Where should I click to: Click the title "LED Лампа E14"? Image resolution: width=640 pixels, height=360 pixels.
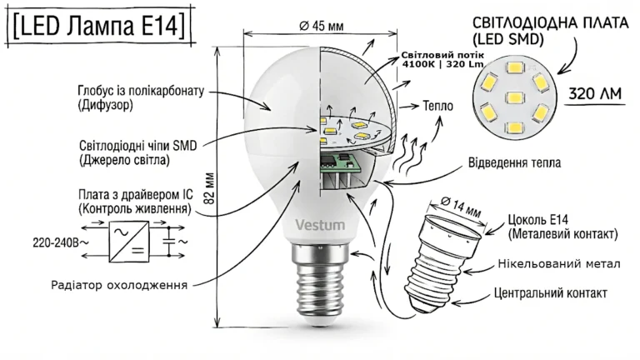(99, 26)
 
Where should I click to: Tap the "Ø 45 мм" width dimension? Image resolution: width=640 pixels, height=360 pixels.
(321, 26)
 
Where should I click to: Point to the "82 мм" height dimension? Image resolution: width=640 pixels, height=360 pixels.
(209, 188)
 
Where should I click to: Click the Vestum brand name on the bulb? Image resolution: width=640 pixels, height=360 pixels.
(320, 225)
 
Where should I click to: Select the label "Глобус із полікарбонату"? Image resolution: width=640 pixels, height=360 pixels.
(140, 91)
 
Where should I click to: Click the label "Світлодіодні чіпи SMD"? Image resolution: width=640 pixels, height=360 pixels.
(138, 146)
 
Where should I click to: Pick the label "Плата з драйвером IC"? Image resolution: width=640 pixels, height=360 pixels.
(136, 194)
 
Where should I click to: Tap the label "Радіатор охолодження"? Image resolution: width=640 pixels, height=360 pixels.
(119, 285)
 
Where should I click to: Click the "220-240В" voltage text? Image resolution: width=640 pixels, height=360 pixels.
(60, 243)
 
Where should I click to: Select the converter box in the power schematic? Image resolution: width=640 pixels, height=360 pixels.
(128, 242)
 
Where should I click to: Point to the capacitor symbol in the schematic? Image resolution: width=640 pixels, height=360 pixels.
(168, 241)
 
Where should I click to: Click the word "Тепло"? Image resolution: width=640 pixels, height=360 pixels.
(438, 106)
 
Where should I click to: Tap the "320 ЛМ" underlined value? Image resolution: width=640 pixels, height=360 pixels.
(595, 94)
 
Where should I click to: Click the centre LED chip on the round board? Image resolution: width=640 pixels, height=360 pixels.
(514, 97)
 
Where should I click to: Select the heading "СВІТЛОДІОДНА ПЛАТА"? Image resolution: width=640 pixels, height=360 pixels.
(550, 22)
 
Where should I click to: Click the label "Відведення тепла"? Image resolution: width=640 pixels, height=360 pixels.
(514, 162)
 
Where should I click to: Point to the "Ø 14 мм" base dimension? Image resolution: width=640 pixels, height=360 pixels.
(461, 207)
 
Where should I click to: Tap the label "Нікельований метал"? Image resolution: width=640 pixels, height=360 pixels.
(559, 264)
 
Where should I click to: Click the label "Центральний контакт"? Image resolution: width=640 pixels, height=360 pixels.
(550, 293)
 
